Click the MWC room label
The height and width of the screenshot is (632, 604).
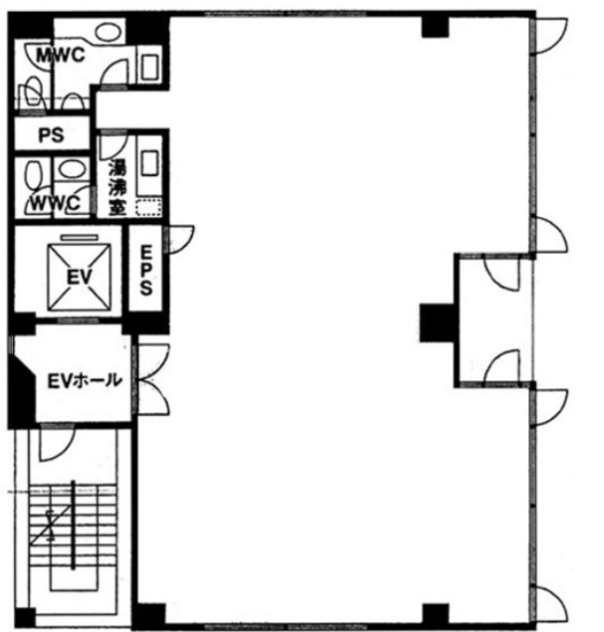[61, 55]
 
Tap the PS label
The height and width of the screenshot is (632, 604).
[51, 135]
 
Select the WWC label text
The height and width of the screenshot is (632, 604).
[56, 203]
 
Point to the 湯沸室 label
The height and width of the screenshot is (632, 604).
[117, 187]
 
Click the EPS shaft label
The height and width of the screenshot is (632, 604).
[146, 270]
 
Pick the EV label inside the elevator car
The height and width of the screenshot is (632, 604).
[79, 278]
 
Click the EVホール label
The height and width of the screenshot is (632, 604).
[85, 380]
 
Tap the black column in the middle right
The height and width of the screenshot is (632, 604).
[438, 322]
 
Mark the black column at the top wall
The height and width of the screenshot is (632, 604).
[435, 27]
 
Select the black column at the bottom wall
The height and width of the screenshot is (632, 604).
[435, 614]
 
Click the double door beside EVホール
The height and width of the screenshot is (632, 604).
[153, 379]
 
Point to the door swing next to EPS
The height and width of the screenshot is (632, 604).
[180, 240]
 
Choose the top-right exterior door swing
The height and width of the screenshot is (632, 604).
[550, 36]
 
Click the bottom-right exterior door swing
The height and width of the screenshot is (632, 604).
[550, 604]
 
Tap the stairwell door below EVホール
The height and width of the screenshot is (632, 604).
[57, 443]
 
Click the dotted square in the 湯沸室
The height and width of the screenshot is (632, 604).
[148, 208]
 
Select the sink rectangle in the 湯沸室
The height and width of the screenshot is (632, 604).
[149, 163]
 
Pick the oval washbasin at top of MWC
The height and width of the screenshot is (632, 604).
[108, 32]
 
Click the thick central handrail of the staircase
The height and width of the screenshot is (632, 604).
[73, 526]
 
